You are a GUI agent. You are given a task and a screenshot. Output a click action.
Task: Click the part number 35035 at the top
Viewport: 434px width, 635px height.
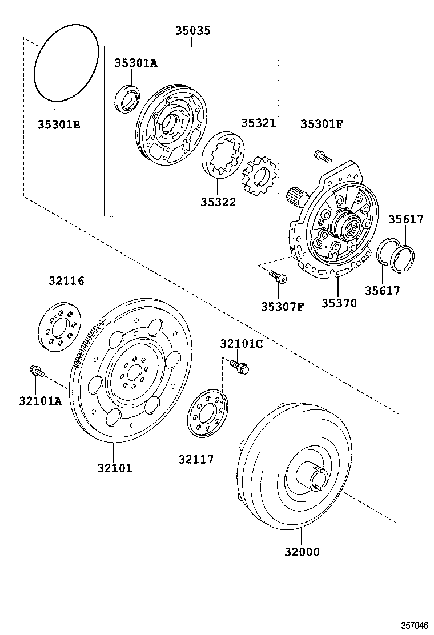pos(191,30)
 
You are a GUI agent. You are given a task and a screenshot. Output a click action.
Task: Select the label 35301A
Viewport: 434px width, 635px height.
pos(135,63)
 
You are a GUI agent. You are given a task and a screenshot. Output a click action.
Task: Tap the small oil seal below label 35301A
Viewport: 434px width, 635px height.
pos(128,98)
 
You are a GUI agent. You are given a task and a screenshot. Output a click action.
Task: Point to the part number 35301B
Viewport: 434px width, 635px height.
pos(59,124)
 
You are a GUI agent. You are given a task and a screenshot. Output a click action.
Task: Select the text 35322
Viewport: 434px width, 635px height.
pos(218,202)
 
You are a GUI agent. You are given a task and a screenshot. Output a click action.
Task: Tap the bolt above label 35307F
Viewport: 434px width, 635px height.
pos(279,278)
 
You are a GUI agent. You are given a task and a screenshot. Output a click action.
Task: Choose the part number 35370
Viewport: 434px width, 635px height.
pos(339,303)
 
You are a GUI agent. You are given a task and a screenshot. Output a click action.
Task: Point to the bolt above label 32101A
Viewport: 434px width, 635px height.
pos(37,372)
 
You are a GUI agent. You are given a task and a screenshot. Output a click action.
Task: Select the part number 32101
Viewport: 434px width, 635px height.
pos(114,468)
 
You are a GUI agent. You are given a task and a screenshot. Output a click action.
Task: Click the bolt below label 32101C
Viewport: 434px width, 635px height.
pos(240,367)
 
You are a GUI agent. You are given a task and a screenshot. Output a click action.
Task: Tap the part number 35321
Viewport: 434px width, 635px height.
pos(258,123)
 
